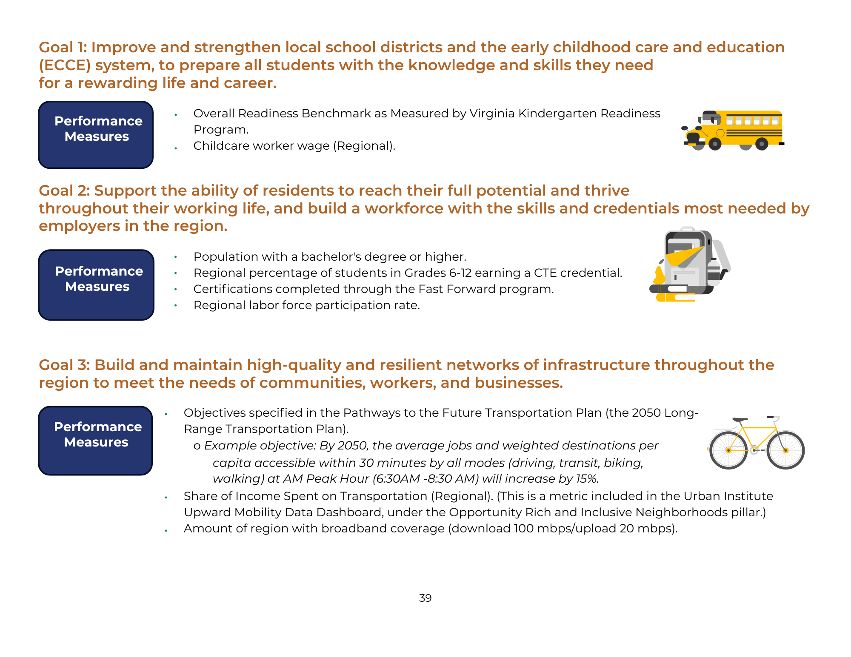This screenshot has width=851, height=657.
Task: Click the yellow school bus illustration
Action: click(x=734, y=130)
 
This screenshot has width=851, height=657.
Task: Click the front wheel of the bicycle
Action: click(x=785, y=450)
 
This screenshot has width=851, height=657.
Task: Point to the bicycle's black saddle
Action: click(x=740, y=420)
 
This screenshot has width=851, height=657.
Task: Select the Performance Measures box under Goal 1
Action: click(x=96, y=134)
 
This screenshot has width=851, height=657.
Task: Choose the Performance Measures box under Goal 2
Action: click(x=96, y=284)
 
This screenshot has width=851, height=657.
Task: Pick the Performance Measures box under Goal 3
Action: click(x=96, y=440)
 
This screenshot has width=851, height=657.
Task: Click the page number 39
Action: click(x=425, y=598)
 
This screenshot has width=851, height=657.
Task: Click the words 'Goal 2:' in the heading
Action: click(x=64, y=191)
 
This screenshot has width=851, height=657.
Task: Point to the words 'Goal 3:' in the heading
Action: click(x=64, y=365)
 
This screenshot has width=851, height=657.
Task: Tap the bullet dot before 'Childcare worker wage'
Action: click(x=176, y=148)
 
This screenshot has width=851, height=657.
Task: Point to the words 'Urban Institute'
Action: click(x=728, y=496)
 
